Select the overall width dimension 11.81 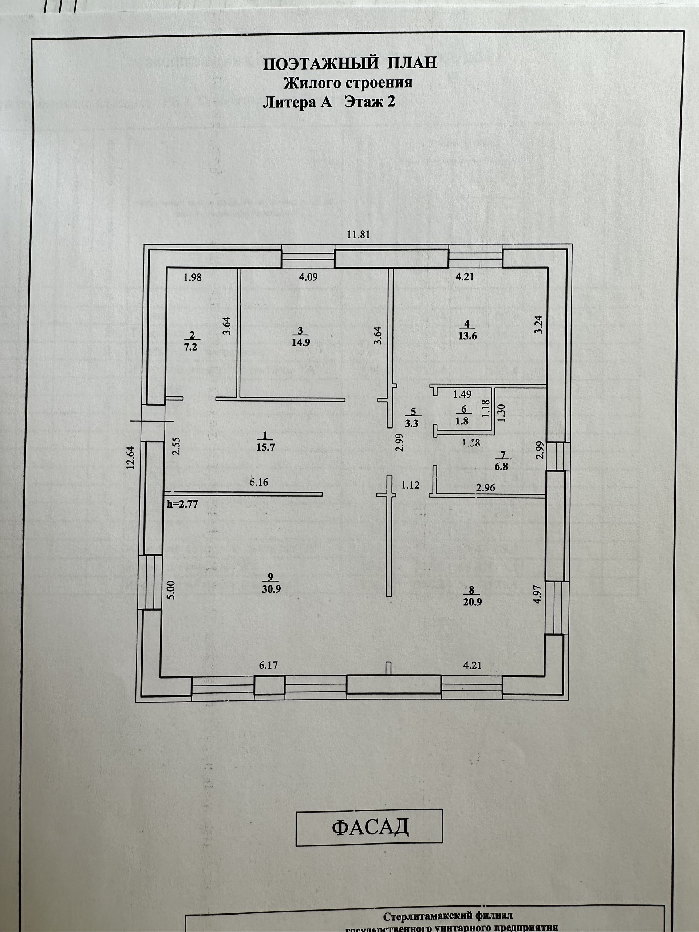358,235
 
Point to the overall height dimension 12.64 131,457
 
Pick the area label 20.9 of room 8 472,602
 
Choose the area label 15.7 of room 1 265,447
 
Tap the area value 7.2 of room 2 191,348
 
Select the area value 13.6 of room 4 467,336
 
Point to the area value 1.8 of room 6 462,421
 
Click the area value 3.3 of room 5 411,424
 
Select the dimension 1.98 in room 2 193,277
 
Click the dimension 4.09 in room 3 308,277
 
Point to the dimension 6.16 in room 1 259,482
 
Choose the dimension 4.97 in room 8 537,594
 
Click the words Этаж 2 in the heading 370,102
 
